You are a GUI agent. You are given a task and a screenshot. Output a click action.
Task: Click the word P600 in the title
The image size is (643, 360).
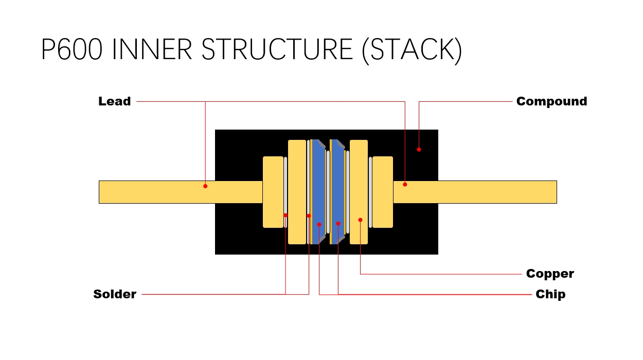point(71,49)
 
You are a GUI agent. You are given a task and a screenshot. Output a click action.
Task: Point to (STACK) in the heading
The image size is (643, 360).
point(412,49)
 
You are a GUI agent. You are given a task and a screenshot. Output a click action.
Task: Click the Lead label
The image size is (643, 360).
point(114,101)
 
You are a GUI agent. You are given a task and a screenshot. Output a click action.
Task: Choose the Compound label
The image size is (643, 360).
point(551,101)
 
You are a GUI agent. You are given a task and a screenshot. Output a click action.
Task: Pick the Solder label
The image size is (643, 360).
point(114,294)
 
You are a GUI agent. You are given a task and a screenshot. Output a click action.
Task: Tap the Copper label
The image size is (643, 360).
point(550,274)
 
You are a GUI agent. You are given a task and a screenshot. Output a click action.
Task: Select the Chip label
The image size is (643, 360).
point(550,294)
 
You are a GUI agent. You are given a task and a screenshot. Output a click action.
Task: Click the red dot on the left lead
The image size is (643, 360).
point(205,186)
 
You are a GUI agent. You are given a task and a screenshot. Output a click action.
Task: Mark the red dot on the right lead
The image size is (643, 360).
point(405,184)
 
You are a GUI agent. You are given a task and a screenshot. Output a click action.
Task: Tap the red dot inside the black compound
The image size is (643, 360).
point(419,150)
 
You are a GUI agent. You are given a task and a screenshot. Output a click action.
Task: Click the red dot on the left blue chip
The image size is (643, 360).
point(319,224)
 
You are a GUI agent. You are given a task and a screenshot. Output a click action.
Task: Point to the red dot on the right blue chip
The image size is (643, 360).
point(338,223)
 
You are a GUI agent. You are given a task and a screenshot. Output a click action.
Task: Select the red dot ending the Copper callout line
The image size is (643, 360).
point(360,220)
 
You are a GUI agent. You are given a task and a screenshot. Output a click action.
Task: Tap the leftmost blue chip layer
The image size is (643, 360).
point(318,190)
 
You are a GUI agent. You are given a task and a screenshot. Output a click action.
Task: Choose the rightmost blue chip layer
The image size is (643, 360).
point(337,190)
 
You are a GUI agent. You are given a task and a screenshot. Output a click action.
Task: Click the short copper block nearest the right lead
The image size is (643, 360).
point(382,192)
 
